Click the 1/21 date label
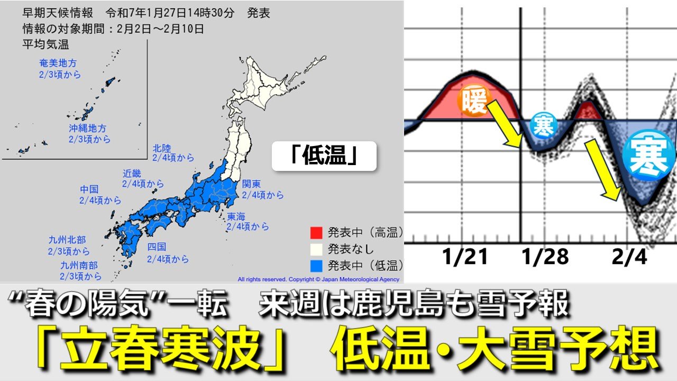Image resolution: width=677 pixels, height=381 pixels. [465, 257]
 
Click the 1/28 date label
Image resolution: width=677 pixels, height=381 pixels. [545, 257]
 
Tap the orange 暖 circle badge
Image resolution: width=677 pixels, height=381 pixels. [474, 102]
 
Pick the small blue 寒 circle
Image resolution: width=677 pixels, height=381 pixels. [543, 125]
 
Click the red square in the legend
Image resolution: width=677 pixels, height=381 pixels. [316, 232]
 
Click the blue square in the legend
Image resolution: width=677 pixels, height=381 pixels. [316, 265]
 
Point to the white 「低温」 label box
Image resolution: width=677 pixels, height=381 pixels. [324, 156]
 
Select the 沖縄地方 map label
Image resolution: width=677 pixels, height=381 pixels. [88, 129]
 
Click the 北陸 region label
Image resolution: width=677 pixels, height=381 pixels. [162, 148]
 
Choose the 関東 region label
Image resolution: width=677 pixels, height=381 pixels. [251, 184]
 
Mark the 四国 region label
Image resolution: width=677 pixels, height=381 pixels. [157, 247]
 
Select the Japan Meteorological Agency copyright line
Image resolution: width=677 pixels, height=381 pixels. [318, 279]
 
